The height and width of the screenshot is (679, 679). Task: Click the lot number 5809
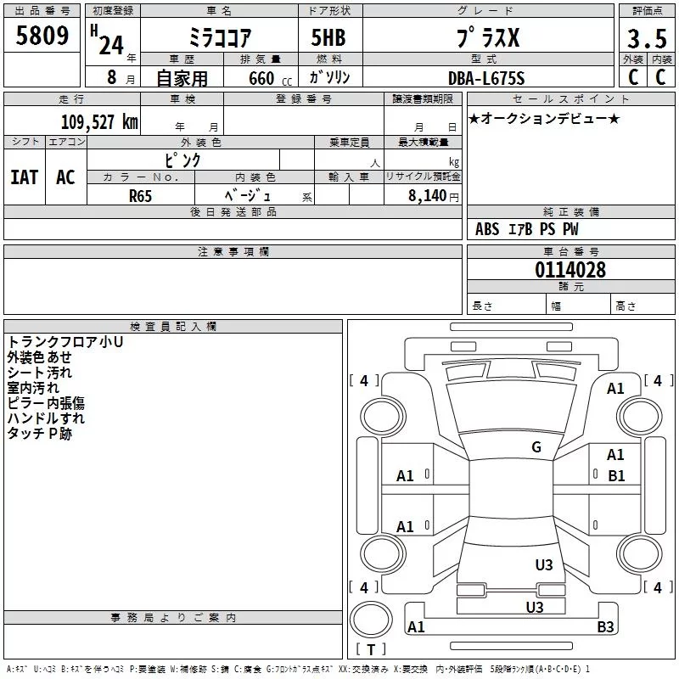point(42,36)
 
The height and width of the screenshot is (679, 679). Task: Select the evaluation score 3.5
point(647,39)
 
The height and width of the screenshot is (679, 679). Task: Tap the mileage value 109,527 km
point(99,121)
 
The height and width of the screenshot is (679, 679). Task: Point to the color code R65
point(141,195)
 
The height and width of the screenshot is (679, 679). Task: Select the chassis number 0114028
point(570,270)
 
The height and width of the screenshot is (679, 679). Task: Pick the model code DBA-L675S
point(486,78)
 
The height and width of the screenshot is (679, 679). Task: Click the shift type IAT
point(25,177)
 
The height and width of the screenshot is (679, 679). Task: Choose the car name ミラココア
point(219,39)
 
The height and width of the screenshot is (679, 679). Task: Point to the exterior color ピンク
point(182,160)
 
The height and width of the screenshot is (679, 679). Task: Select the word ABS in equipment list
point(487,229)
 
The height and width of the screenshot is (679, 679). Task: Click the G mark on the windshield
point(536,446)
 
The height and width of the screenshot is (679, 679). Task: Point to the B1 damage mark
point(616,475)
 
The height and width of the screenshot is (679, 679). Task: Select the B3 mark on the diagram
point(605,627)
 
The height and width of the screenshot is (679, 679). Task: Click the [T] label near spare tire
point(370,649)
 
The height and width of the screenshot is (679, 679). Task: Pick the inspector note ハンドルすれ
point(46,418)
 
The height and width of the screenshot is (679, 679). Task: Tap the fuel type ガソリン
point(330,78)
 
